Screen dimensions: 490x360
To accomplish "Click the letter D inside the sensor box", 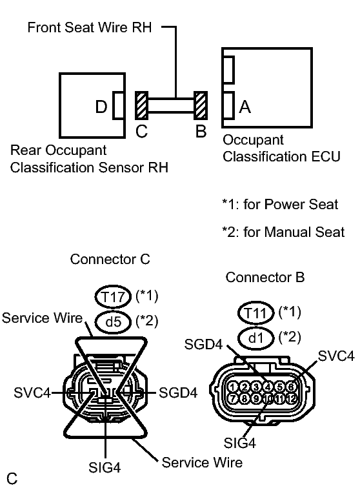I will pos(101,107).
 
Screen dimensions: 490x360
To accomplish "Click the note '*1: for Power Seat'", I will pos(279,205).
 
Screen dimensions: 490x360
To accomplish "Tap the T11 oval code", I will pos(256,312).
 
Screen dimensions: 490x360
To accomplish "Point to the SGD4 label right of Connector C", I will pos(177,393).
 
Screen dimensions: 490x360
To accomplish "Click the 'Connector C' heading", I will pos(110,260).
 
